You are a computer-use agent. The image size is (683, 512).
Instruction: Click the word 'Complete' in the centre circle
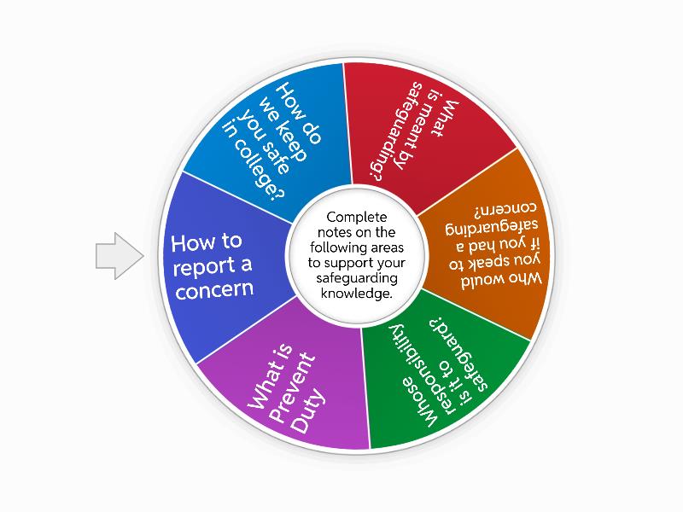click(x=357, y=218)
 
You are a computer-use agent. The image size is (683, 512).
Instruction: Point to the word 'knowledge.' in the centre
click(x=357, y=293)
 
